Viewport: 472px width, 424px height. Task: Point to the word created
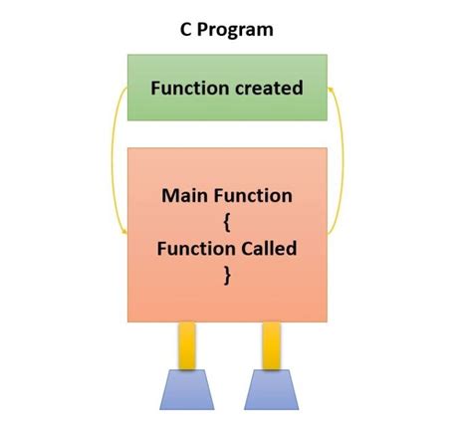pyautogui.click(x=269, y=88)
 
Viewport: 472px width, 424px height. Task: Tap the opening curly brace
pyautogui.click(x=227, y=222)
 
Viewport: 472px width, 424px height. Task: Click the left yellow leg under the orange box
pyautogui.click(x=186, y=345)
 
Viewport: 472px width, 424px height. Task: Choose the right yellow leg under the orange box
pyautogui.click(x=270, y=345)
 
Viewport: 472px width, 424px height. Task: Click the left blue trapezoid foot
pyautogui.click(x=186, y=390)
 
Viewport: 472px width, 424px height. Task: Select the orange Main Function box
pyautogui.click(x=226, y=299)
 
